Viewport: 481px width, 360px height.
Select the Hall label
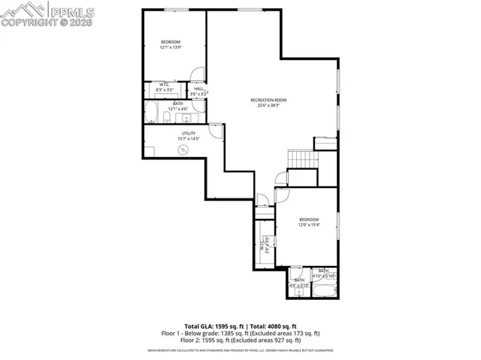pos(198,89)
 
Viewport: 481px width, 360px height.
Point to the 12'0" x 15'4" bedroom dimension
pos(310,225)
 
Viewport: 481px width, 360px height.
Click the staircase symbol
pos(300,159)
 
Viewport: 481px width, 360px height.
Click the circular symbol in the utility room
pos(182,150)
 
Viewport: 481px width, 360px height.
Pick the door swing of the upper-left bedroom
pos(196,75)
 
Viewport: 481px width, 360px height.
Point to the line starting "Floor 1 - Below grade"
pos(240,333)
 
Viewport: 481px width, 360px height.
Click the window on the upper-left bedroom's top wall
pos(177,10)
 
